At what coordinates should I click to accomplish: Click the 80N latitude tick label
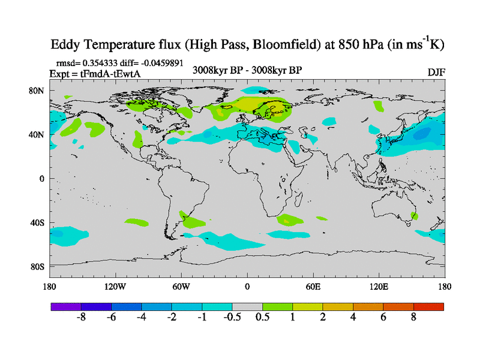click(38, 91)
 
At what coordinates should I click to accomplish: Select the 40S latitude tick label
click(38, 223)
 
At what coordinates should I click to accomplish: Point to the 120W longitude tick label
click(115, 286)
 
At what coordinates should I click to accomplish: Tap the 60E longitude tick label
click(313, 286)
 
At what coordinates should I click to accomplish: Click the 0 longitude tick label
click(247, 286)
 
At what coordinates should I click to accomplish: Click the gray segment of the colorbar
click(247, 307)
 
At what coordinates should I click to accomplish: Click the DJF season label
click(436, 72)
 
